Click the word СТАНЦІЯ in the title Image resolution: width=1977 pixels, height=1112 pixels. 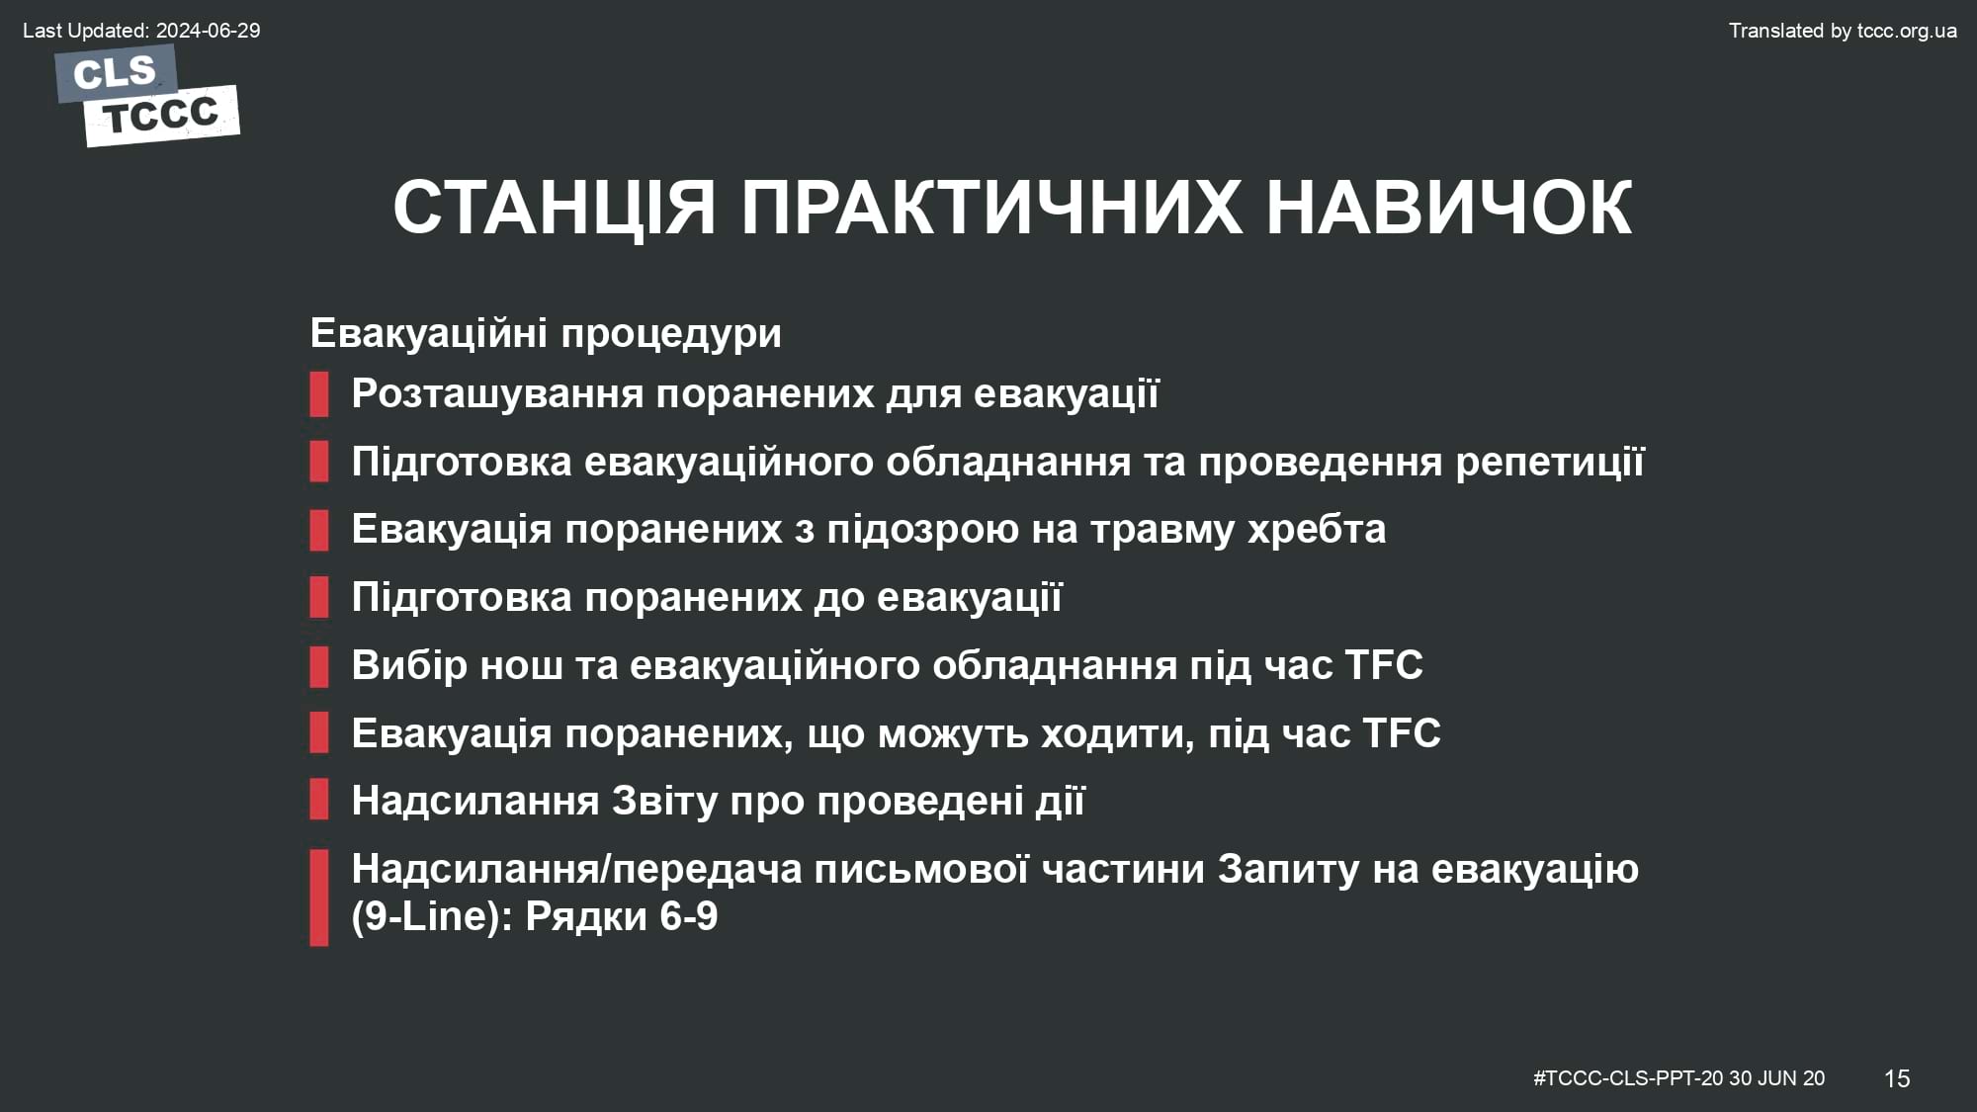coord(555,209)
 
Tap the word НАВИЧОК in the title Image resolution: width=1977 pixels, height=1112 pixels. coord(1449,208)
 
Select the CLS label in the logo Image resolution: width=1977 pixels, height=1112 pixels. coord(115,72)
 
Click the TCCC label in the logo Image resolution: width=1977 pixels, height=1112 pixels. coord(161,116)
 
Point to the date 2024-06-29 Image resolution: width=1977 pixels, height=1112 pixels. coord(208,31)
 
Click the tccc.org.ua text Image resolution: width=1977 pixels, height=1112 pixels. coord(1907,31)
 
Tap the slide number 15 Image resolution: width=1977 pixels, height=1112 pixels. coord(1897,1078)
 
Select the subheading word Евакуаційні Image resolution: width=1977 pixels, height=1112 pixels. coord(423,333)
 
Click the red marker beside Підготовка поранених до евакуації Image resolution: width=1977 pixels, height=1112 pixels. coord(318,597)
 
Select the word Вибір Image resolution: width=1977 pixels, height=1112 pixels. coord(409,664)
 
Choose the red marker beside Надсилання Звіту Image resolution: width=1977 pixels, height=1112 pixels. coord(318,801)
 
